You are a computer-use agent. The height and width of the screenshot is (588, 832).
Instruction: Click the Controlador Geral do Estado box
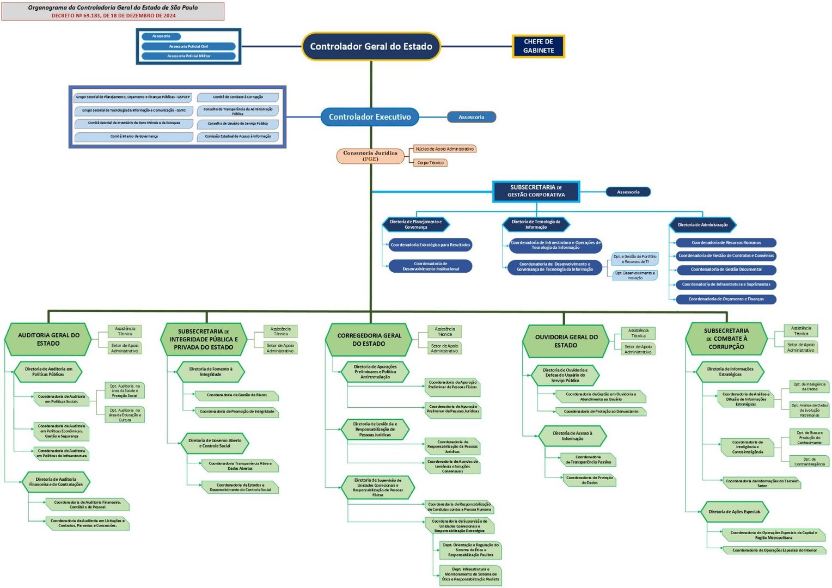(371, 47)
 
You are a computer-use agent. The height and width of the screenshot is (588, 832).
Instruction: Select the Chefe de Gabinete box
(538, 46)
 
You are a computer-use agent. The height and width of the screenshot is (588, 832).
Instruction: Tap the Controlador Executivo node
(370, 117)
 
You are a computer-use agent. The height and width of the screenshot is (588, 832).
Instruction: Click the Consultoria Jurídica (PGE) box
(370, 156)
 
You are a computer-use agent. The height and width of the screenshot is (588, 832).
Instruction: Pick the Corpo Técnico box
(430, 163)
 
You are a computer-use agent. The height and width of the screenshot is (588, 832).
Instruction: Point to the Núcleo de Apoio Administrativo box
(444, 149)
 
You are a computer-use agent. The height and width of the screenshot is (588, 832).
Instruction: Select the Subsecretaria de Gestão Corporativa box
(536, 191)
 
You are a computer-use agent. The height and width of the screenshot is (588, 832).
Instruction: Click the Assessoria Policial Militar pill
(188, 56)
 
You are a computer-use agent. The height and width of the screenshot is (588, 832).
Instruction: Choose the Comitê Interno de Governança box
(134, 137)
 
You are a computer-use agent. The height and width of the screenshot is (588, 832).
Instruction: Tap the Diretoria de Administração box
(702, 225)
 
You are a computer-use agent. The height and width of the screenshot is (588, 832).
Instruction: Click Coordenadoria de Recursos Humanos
(726, 243)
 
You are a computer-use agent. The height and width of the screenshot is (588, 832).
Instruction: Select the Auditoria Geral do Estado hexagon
(48, 339)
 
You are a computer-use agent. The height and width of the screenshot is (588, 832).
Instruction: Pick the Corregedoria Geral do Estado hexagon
(369, 340)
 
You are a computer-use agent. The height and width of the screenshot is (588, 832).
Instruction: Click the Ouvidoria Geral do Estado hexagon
(566, 341)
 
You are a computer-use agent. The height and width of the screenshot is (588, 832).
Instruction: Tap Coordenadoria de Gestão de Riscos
(237, 395)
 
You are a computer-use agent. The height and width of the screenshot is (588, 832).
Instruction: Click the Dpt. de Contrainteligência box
(809, 462)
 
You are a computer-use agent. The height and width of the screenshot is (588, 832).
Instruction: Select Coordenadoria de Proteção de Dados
(589, 480)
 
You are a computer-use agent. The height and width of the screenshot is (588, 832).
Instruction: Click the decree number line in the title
(113, 16)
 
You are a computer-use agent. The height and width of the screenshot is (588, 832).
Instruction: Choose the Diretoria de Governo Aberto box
(215, 443)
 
